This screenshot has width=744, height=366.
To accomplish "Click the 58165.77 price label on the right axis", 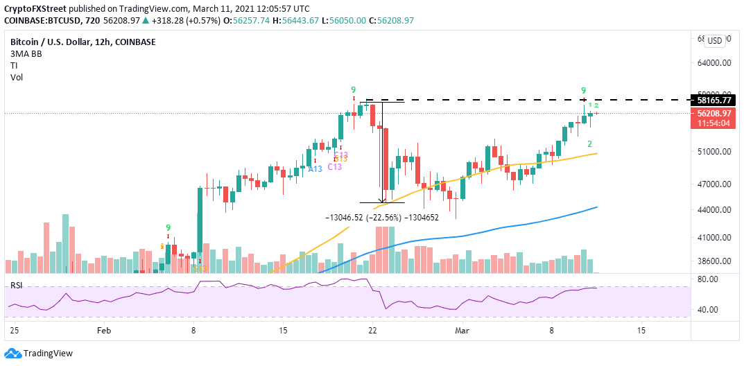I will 715,100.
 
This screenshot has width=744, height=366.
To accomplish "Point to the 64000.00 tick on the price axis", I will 714,62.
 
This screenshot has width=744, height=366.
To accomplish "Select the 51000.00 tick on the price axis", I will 714,151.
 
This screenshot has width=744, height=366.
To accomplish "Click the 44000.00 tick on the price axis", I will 714,210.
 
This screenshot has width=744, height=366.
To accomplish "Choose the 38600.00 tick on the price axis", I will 714,261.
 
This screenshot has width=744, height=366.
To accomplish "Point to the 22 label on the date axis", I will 372,330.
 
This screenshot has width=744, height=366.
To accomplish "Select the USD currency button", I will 715,41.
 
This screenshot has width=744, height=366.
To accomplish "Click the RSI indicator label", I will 16,285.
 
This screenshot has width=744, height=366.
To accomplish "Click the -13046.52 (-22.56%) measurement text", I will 363,217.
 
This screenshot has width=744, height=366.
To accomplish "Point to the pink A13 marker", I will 315,168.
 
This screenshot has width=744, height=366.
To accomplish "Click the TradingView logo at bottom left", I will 39,354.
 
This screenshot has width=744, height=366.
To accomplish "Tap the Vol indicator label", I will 17,77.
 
